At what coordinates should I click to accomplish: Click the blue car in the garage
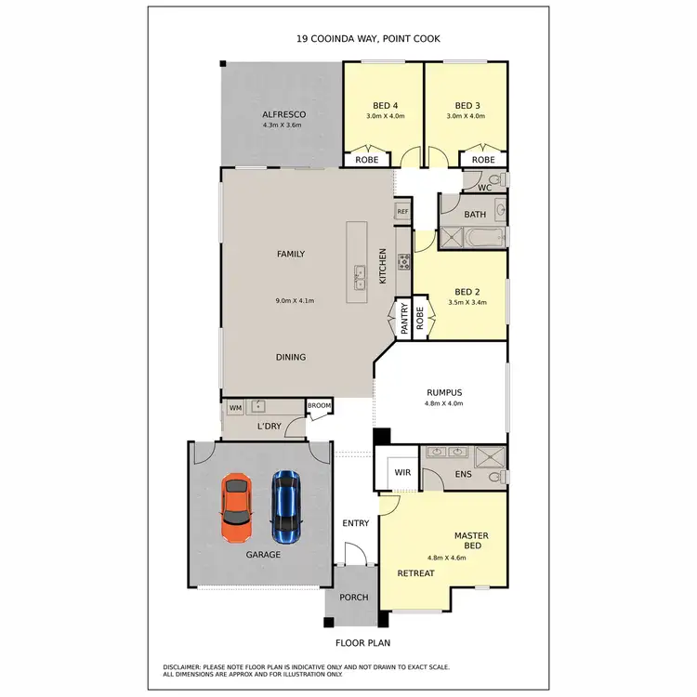pyautogui.click(x=286, y=507)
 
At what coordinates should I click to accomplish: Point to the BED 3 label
pyautogui.click(x=467, y=105)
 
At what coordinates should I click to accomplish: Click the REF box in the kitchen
pyautogui.click(x=402, y=212)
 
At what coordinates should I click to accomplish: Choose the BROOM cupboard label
pyautogui.click(x=319, y=406)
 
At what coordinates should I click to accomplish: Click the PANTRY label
pyautogui.click(x=404, y=319)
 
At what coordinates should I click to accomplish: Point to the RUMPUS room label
pyautogui.click(x=443, y=392)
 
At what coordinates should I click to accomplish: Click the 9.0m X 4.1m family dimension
pyautogui.click(x=296, y=301)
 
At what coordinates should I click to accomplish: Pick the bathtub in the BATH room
pyautogui.click(x=485, y=240)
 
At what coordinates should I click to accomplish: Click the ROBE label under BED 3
pyautogui.click(x=483, y=160)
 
